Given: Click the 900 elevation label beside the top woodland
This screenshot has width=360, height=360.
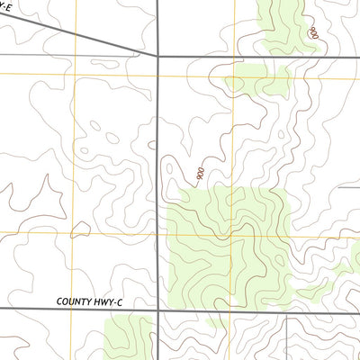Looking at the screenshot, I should point(313,32).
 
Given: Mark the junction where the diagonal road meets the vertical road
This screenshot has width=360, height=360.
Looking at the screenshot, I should point(157,56).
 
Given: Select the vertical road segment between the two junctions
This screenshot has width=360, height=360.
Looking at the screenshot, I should point(158,180).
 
